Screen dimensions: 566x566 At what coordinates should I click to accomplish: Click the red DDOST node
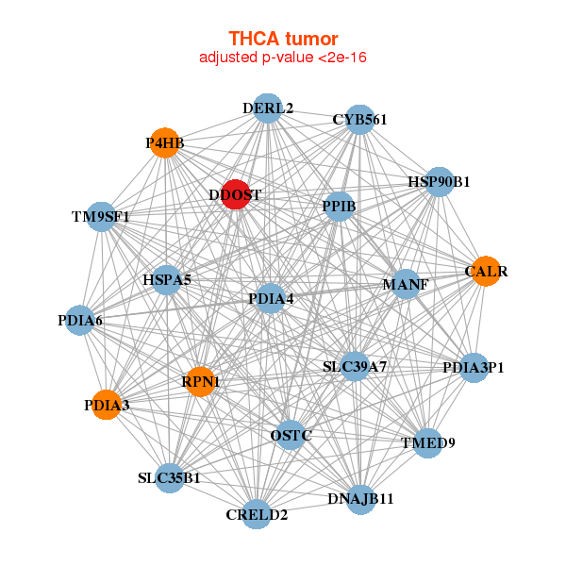235,194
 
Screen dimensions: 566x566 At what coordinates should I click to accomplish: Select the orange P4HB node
165,143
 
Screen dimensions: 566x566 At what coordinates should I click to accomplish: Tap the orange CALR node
485,272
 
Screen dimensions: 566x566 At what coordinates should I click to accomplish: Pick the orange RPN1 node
200,382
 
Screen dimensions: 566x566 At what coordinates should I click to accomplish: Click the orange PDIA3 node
106,405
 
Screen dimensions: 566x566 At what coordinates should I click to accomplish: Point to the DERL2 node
268,108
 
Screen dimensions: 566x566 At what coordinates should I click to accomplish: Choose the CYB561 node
359,120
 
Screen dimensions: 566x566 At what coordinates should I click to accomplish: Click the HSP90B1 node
439,181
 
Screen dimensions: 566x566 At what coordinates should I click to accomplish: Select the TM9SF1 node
100,217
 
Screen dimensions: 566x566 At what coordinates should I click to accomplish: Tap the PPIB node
339,206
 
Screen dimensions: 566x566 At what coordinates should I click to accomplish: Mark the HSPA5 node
167,280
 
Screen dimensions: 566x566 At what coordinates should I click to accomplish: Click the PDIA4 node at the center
271,299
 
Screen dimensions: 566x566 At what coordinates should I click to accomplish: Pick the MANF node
406,284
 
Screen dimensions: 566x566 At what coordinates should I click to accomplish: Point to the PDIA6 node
80,321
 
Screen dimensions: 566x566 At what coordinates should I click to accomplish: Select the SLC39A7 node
355,365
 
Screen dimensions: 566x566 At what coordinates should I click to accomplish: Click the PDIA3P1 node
474,367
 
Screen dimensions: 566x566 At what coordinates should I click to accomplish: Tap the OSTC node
291,435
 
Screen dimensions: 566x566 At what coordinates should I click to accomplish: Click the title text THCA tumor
283,39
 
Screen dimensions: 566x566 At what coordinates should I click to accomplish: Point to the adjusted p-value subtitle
283,58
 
